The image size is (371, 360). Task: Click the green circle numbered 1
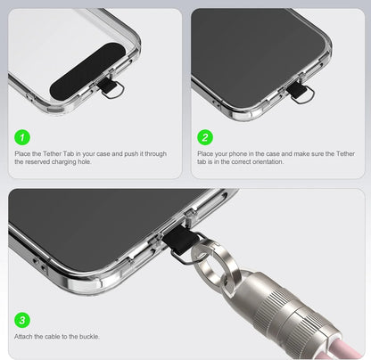[22, 137]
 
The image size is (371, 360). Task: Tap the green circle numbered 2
[205, 137]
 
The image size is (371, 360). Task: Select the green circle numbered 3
[22, 320]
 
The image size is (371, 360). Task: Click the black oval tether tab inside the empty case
[87, 71]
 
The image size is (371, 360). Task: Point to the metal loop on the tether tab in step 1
[118, 92]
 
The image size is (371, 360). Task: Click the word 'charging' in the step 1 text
[64, 162]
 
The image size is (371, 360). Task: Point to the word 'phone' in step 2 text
[238, 154]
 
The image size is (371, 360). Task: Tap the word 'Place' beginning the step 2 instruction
[205, 154]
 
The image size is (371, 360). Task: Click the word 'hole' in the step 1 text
[85, 162]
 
